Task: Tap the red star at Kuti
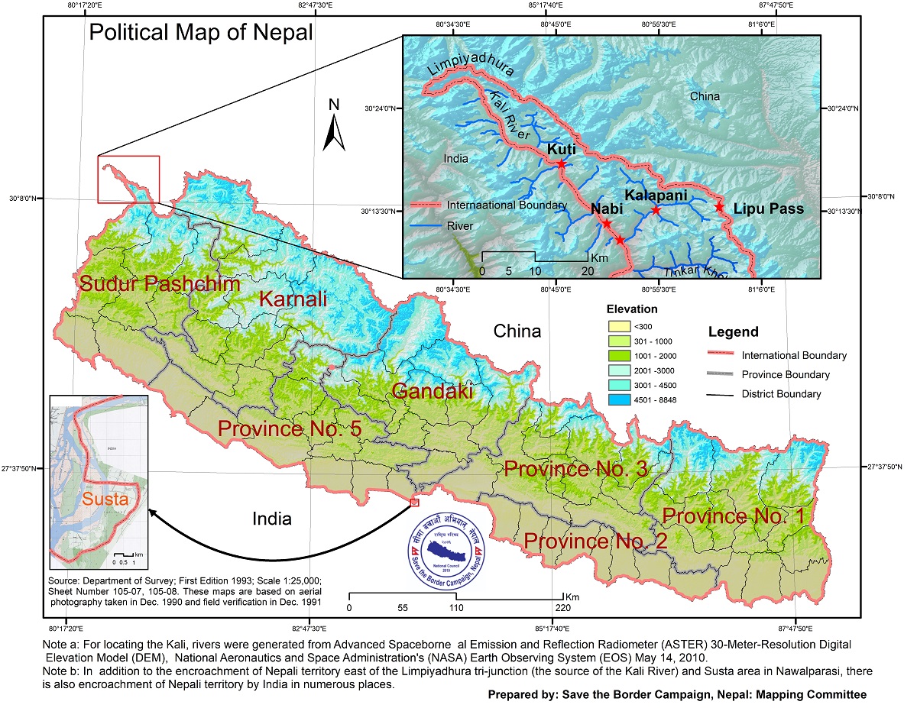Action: tap(561, 163)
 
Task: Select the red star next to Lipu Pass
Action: tap(718, 207)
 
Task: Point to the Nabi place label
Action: tap(608, 209)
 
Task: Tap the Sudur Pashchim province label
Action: tap(160, 283)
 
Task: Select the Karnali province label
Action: tap(293, 299)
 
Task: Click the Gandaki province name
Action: tap(432, 391)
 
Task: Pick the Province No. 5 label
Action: tap(290, 428)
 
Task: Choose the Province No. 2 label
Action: tap(596, 542)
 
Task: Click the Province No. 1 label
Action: tap(734, 516)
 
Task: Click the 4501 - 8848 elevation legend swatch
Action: tap(617, 399)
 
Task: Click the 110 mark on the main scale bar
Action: tap(456, 609)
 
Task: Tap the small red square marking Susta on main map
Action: tap(414, 503)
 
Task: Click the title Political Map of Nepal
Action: tap(201, 33)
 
